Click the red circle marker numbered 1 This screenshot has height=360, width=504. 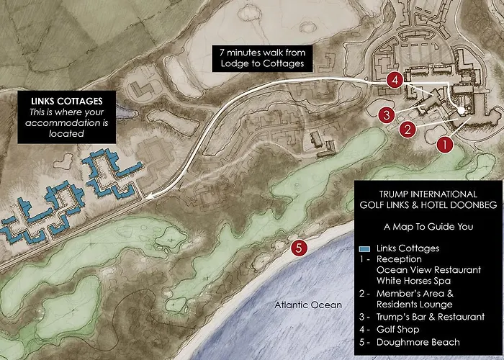[445, 144]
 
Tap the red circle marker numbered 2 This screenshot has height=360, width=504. [408, 130]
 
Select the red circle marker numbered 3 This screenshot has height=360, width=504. [387, 114]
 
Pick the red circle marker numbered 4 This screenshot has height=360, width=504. [393, 80]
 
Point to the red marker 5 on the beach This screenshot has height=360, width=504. [300, 248]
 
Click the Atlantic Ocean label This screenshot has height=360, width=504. [309, 305]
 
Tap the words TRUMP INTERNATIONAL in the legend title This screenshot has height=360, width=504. [428, 194]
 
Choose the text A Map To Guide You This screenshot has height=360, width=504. [428, 226]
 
